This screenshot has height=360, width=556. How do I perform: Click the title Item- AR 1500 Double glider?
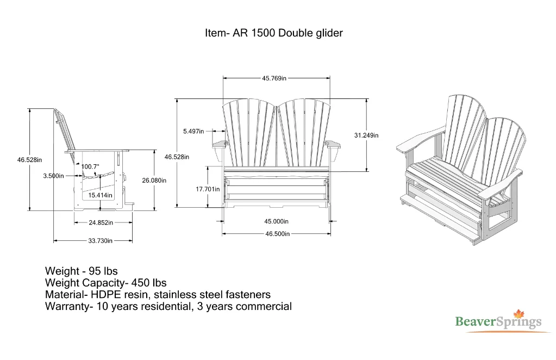click(x=274, y=33)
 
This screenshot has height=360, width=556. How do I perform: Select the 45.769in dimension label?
click(x=274, y=78)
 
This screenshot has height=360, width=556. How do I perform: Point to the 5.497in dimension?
click(x=193, y=131)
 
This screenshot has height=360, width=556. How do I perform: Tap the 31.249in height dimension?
click(x=366, y=135)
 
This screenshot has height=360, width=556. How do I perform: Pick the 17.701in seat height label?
click(x=208, y=189)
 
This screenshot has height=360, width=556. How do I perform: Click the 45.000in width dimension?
click(x=276, y=221)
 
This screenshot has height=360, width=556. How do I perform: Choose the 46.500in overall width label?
click(x=277, y=234)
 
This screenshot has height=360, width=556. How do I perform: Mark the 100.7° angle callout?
click(x=90, y=166)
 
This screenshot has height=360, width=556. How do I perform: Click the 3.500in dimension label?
click(x=53, y=176)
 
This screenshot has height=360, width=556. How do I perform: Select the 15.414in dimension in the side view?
click(x=101, y=195)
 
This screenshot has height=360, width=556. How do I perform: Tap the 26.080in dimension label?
click(x=154, y=181)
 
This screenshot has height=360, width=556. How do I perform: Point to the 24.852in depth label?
click(x=101, y=222)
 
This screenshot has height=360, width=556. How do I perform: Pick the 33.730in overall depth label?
click(x=101, y=241)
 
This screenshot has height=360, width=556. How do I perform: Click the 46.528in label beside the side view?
click(x=29, y=160)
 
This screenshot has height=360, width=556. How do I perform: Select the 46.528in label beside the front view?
click(x=177, y=157)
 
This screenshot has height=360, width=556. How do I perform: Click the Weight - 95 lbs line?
click(x=82, y=271)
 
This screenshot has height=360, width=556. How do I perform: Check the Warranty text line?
click(x=168, y=307)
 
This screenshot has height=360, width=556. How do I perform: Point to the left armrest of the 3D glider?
click(x=418, y=139)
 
